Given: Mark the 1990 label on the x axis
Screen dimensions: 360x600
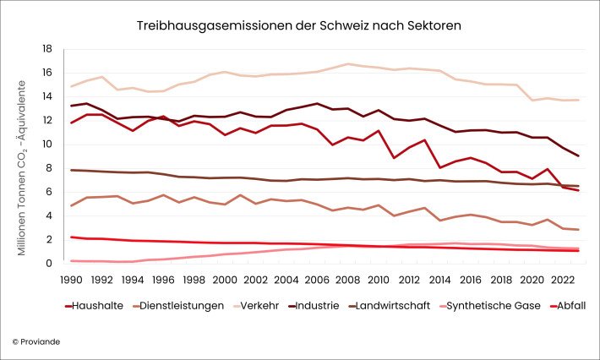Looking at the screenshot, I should [x=72, y=279].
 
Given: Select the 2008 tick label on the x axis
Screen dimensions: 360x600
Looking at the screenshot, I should [x=346, y=279].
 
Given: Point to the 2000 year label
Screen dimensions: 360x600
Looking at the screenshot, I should [x=224, y=279].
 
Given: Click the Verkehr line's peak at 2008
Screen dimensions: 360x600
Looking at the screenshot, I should [x=346, y=64].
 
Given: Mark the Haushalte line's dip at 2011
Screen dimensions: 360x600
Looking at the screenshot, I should [x=393, y=158].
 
